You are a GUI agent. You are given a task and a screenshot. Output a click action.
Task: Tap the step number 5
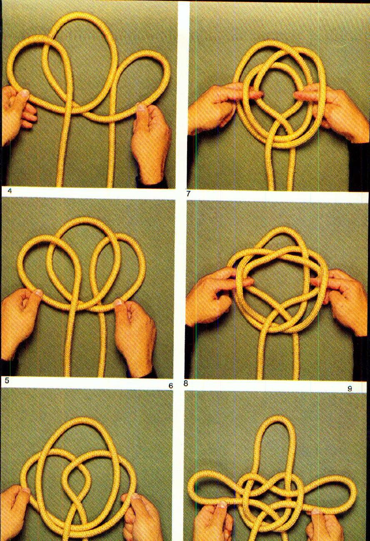pos(6,380)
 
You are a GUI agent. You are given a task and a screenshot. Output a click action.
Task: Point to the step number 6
pos(170,386)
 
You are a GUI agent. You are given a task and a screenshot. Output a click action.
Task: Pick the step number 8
pos(186,384)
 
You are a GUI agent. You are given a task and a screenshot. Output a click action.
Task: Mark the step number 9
pos(350,388)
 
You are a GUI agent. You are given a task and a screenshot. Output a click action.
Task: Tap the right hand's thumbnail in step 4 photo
pos(142,108)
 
